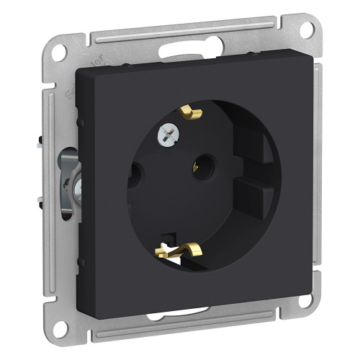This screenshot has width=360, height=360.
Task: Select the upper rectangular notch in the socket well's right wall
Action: click(x=256, y=147)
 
